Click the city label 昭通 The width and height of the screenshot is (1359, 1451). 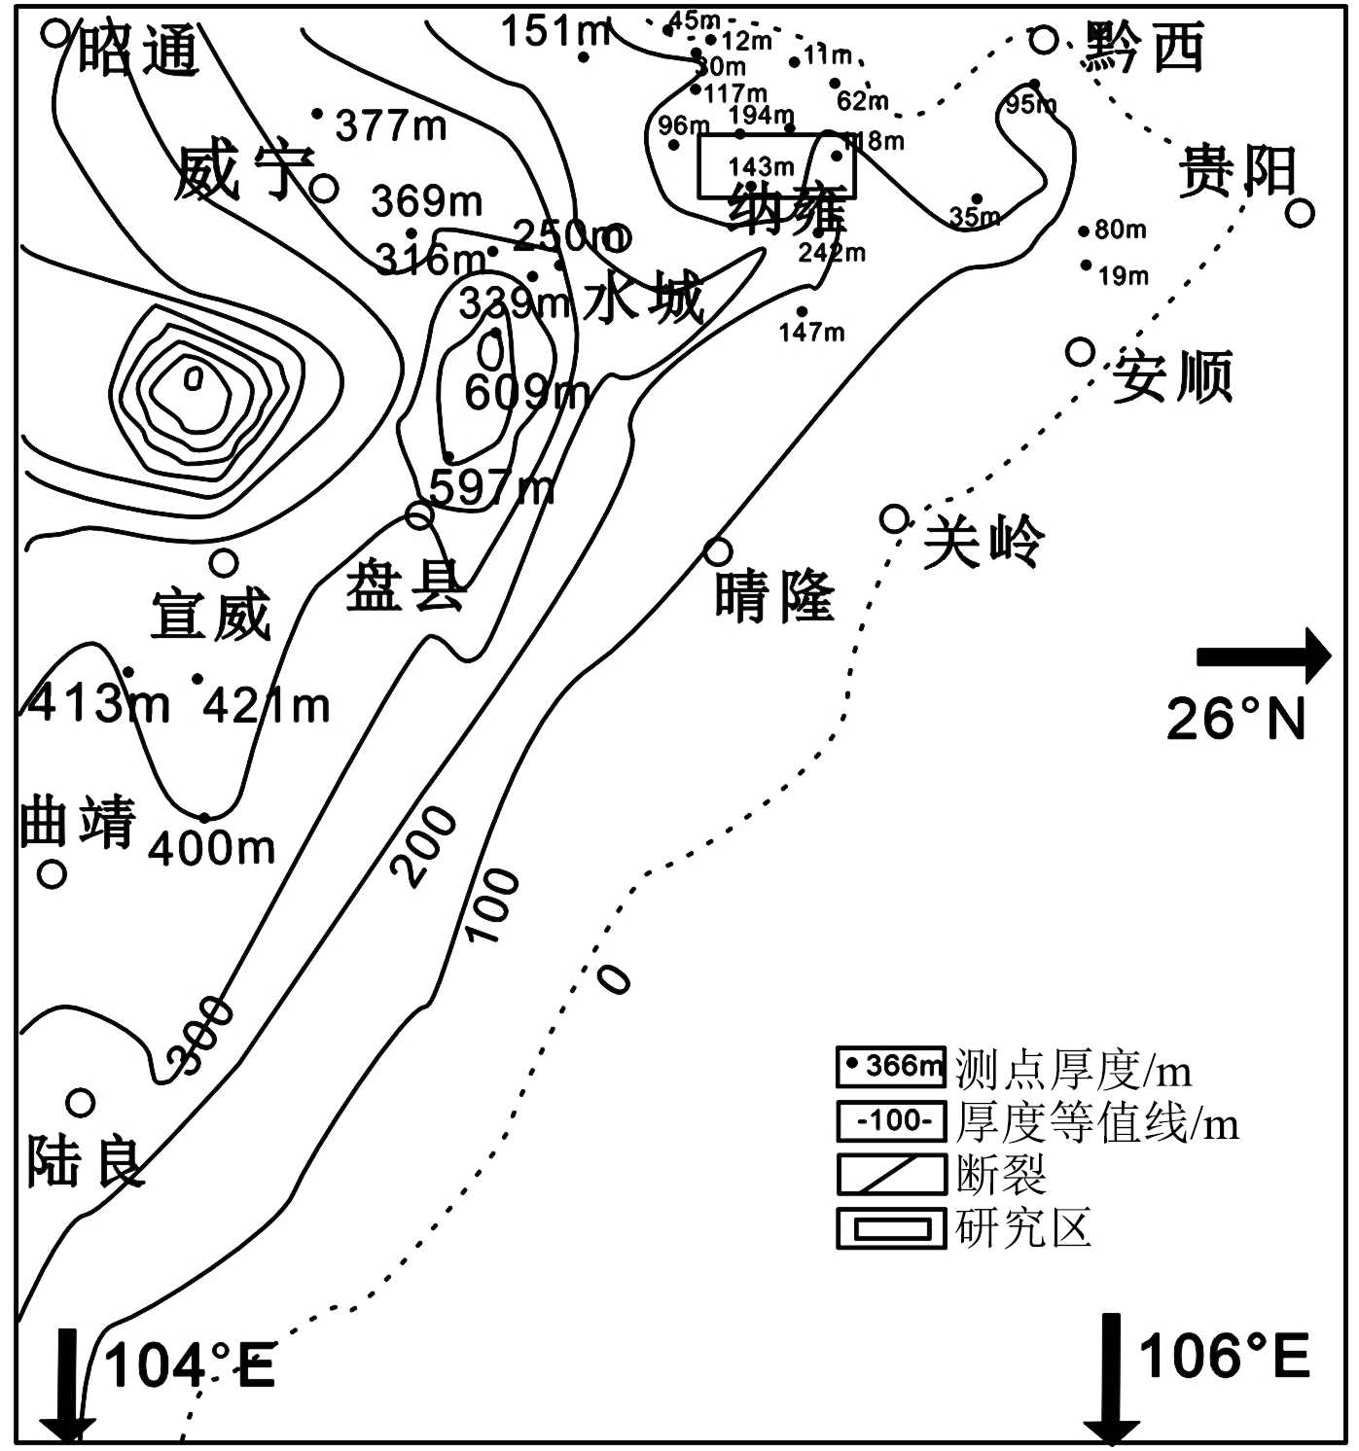138,51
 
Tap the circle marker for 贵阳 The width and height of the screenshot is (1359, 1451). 1301,211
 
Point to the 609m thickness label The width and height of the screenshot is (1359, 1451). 526,392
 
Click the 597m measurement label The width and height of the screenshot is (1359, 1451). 491,486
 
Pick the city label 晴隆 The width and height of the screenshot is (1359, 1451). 774,595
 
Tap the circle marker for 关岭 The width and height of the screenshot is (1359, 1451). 894,518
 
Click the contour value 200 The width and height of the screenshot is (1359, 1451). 429,846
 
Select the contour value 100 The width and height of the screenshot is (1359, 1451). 494,905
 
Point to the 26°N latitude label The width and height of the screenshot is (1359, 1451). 1235,719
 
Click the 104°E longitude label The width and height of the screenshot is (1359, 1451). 190,1364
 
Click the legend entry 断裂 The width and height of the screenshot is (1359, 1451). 1001,1174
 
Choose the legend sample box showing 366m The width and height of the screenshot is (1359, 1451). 891,1067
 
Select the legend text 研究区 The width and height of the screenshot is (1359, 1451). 1023,1227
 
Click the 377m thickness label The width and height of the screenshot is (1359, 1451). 391,124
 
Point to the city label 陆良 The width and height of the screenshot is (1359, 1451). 86,1161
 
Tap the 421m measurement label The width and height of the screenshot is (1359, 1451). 267,705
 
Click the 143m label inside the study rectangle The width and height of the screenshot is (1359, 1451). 761,166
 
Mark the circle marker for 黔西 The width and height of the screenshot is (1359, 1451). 1043,40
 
